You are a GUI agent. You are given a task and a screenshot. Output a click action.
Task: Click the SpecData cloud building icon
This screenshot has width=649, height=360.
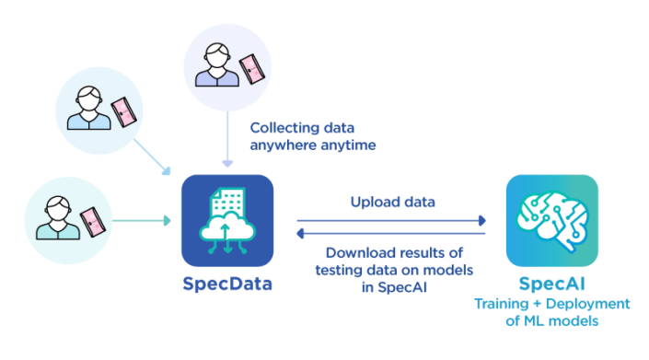[226, 220]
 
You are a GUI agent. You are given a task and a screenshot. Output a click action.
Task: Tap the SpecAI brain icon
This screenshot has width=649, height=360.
[551, 220]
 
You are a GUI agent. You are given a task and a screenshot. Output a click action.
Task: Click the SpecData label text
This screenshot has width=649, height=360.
[226, 285]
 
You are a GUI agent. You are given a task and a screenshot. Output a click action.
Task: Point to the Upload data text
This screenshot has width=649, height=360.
[392, 201]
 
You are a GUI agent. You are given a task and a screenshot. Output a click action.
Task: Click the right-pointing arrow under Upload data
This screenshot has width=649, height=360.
[391, 221]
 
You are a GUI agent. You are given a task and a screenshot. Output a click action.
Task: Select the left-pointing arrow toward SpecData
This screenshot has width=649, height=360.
[391, 233]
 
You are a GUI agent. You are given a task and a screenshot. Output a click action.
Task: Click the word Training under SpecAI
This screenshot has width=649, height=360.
[503, 304]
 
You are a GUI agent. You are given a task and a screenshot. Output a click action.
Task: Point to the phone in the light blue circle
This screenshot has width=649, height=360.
[122, 110]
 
